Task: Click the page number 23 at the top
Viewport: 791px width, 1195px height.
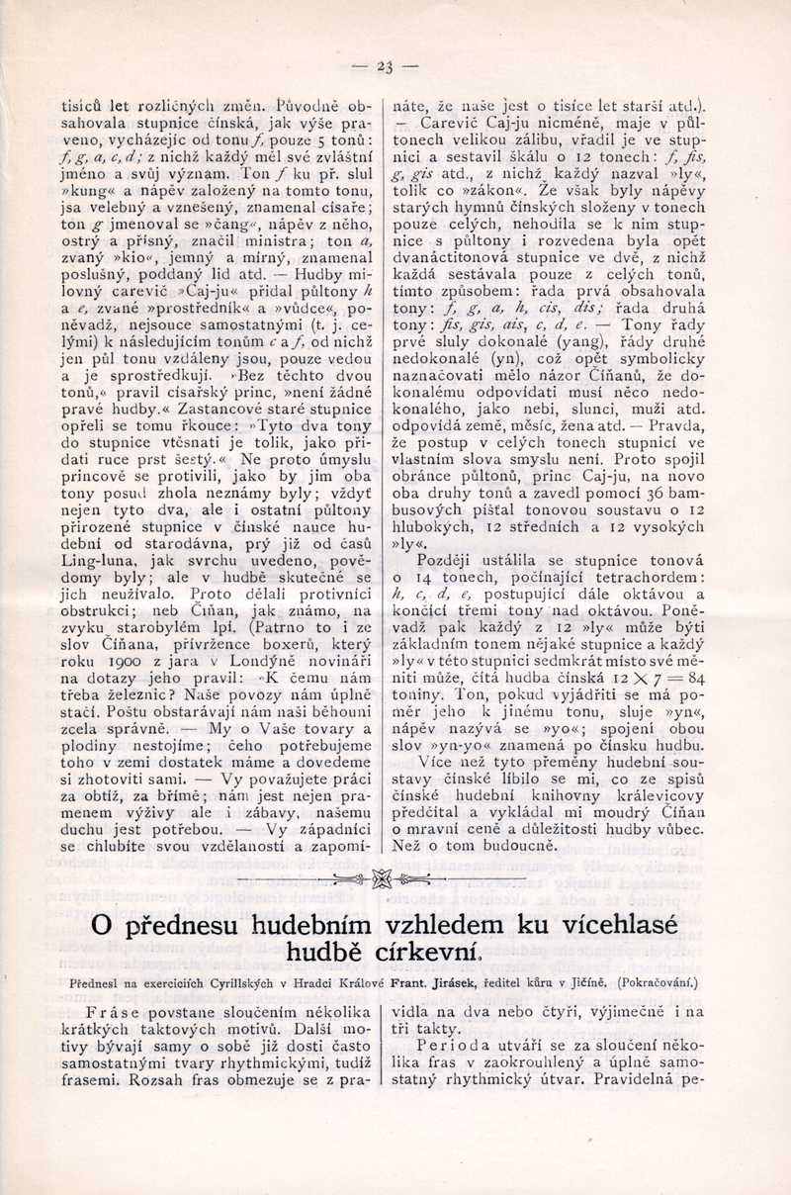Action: tap(385, 67)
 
